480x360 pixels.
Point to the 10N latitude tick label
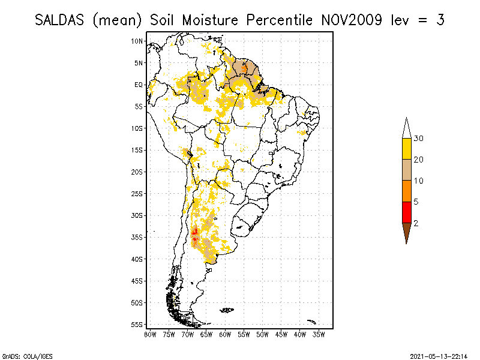(x=137, y=41)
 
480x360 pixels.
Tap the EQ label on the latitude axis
(x=139, y=85)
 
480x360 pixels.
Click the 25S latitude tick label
(x=137, y=193)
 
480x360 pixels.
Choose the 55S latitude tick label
(x=137, y=324)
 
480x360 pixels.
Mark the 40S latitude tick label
(x=137, y=259)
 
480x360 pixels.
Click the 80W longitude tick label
(x=151, y=334)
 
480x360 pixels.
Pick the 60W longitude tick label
(x=226, y=334)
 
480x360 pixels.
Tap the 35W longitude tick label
(x=319, y=334)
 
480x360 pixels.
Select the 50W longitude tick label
(x=263, y=334)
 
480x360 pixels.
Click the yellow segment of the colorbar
(x=406, y=149)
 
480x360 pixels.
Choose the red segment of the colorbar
(x=406, y=212)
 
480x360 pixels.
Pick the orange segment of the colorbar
(x=406, y=191)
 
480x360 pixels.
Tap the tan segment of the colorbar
(x=406, y=170)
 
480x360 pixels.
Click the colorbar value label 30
(x=419, y=139)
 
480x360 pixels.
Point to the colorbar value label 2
(x=416, y=223)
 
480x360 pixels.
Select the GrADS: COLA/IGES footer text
(x=20, y=355)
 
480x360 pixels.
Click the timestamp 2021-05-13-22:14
(x=439, y=355)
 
